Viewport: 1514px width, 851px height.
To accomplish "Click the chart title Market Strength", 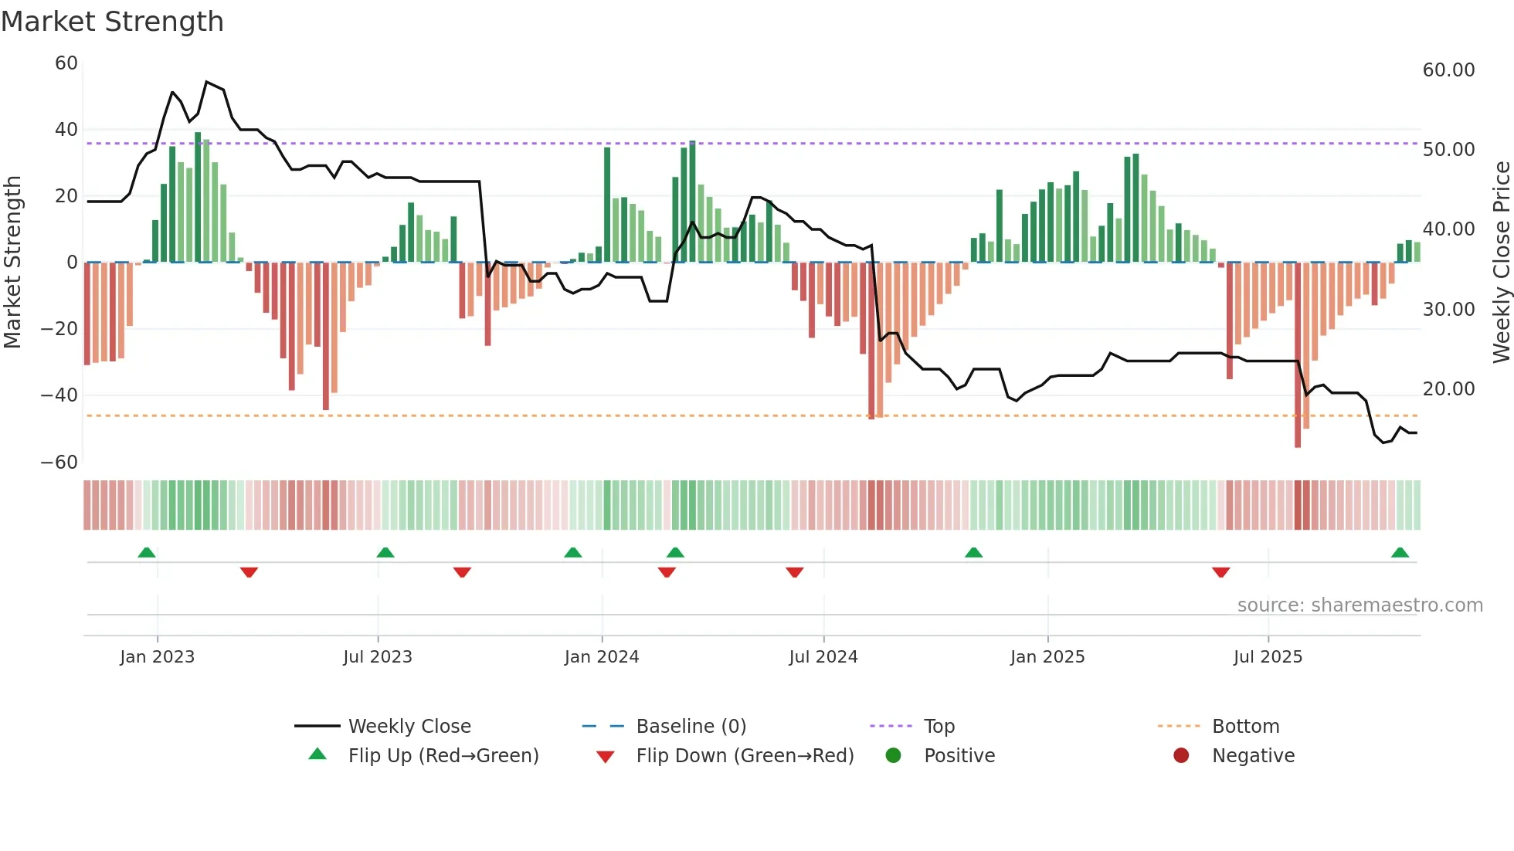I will [x=112, y=22].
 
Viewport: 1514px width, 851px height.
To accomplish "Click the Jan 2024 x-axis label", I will [x=602, y=657].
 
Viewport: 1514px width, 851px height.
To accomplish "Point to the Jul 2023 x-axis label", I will [x=378, y=657].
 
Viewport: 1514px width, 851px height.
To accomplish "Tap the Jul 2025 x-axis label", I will [x=1268, y=657].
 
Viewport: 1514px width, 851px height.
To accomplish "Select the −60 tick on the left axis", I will [x=59, y=463].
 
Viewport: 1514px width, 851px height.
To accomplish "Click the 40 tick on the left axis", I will [x=66, y=130].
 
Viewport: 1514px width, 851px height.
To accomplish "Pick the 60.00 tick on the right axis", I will [x=1448, y=70].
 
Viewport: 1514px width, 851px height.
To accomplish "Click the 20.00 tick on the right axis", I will [x=1448, y=389].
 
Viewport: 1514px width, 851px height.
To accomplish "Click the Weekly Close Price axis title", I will [x=1501, y=263].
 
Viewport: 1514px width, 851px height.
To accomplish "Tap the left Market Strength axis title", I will [x=12, y=263].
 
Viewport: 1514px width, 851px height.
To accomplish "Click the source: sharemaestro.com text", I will [x=1360, y=605].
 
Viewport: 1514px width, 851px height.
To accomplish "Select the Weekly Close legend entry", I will [x=409, y=727].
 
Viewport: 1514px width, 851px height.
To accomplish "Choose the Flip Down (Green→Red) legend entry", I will [x=745, y=756].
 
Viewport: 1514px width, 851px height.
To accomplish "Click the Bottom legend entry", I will [x=1245, y=727].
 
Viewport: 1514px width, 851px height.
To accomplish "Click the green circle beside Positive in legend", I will [x=894, y=756].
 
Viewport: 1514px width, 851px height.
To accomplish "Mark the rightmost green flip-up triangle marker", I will [x=1400, y=553].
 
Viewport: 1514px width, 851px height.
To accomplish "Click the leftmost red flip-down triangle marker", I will [x=249, y=572].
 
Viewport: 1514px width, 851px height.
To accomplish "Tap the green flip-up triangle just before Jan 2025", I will [x=973, y=553].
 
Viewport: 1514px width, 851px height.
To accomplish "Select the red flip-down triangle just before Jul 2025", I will [x=1220, y=572].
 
